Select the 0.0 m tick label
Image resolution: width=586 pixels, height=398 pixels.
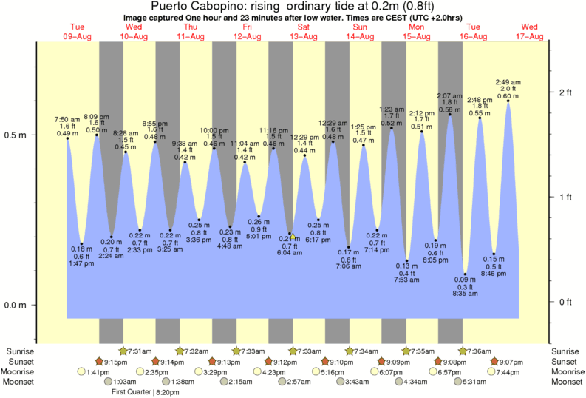[x=15, y=305]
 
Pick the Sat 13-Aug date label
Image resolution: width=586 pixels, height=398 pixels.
[x=302, y=32]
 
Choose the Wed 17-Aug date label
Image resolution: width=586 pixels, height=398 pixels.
[x=531, y=32]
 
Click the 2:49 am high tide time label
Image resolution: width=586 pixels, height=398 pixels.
[x=508, y=81]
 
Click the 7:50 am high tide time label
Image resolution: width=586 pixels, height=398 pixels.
[x=67, y=119]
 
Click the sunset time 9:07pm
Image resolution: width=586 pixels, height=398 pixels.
[x=508, y=361]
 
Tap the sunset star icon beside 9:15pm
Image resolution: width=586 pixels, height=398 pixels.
[x=98, y=361]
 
